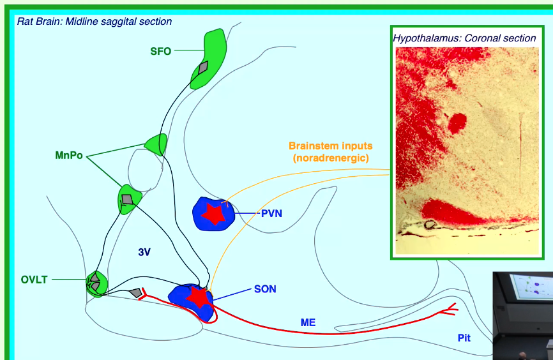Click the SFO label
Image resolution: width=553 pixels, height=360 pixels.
[160, 51]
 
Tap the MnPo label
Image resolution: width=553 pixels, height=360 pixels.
[69, 155]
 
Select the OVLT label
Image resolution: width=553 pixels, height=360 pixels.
[33, 280]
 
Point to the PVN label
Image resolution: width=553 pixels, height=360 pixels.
[271, 213]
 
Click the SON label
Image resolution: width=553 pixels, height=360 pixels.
[265, 289]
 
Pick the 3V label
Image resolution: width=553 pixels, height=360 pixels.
[144, 252]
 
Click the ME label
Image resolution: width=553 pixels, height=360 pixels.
[308, 323]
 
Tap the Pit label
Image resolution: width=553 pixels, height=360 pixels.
[464, 337]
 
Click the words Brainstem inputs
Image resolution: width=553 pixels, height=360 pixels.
[330, 146]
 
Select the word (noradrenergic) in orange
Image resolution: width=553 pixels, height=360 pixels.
[330, 158]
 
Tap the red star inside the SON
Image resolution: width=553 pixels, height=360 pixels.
[197, 297]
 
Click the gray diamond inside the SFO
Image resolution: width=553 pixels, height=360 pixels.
[203, 67]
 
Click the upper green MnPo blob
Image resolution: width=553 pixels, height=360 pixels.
[156, 144]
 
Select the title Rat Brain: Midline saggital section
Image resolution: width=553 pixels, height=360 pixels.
[95, 22]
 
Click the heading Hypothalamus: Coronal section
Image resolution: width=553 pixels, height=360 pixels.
[464, 38]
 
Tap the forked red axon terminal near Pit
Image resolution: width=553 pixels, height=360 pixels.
[448, 310]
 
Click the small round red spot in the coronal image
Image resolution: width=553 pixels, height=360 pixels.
[457, 123]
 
